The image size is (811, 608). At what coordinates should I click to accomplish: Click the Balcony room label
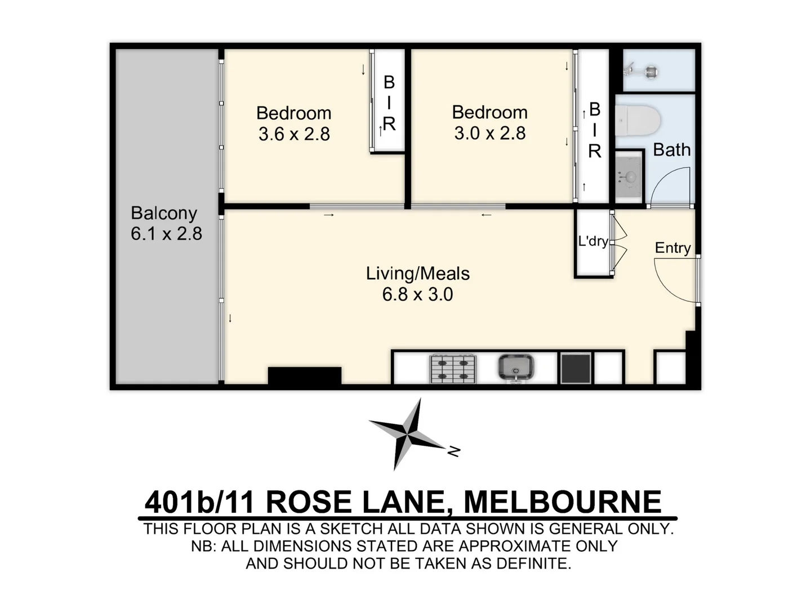163,213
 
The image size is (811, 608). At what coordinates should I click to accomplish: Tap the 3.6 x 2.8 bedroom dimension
294,135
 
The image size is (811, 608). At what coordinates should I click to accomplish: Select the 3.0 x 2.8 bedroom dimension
489,133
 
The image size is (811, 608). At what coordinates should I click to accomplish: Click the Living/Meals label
417,274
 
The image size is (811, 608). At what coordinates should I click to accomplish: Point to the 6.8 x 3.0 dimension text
417,294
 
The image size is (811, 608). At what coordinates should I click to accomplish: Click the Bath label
671,150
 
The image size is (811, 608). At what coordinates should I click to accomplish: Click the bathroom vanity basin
628,177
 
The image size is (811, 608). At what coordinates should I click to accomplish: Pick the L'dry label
592,242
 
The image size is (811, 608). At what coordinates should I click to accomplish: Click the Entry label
672,248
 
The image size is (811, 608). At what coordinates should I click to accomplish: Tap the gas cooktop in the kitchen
453,369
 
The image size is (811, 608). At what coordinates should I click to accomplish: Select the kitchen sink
515,368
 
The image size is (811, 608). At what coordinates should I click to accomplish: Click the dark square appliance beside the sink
575,368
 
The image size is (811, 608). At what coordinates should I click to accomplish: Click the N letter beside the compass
454,451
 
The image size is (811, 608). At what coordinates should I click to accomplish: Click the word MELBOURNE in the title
562,502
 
